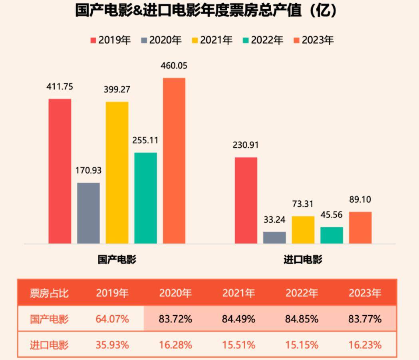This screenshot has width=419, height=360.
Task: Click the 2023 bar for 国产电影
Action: tap(174, 160)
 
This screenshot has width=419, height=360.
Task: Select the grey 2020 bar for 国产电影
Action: tap(88, 213)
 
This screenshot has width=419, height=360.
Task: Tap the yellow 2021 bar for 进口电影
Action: tap(303, 230)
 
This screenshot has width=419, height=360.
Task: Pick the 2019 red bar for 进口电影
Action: tap(246, 200)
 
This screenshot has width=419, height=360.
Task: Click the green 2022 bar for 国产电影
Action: tap(145, 198)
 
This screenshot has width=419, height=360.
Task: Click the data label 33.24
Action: tap(274, 219)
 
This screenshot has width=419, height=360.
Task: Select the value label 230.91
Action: tap(246, 145)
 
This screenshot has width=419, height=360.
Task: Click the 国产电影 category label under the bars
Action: tap(117, 260)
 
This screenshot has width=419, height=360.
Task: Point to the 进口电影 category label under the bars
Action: tap(303, 260)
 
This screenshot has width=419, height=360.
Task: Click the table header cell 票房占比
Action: tap(49, 293)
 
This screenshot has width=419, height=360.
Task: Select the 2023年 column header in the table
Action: tap(365, 293)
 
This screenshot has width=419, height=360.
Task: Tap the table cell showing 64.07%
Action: tap(112, 319)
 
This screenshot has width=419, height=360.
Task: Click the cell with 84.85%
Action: tap(302, 319)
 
